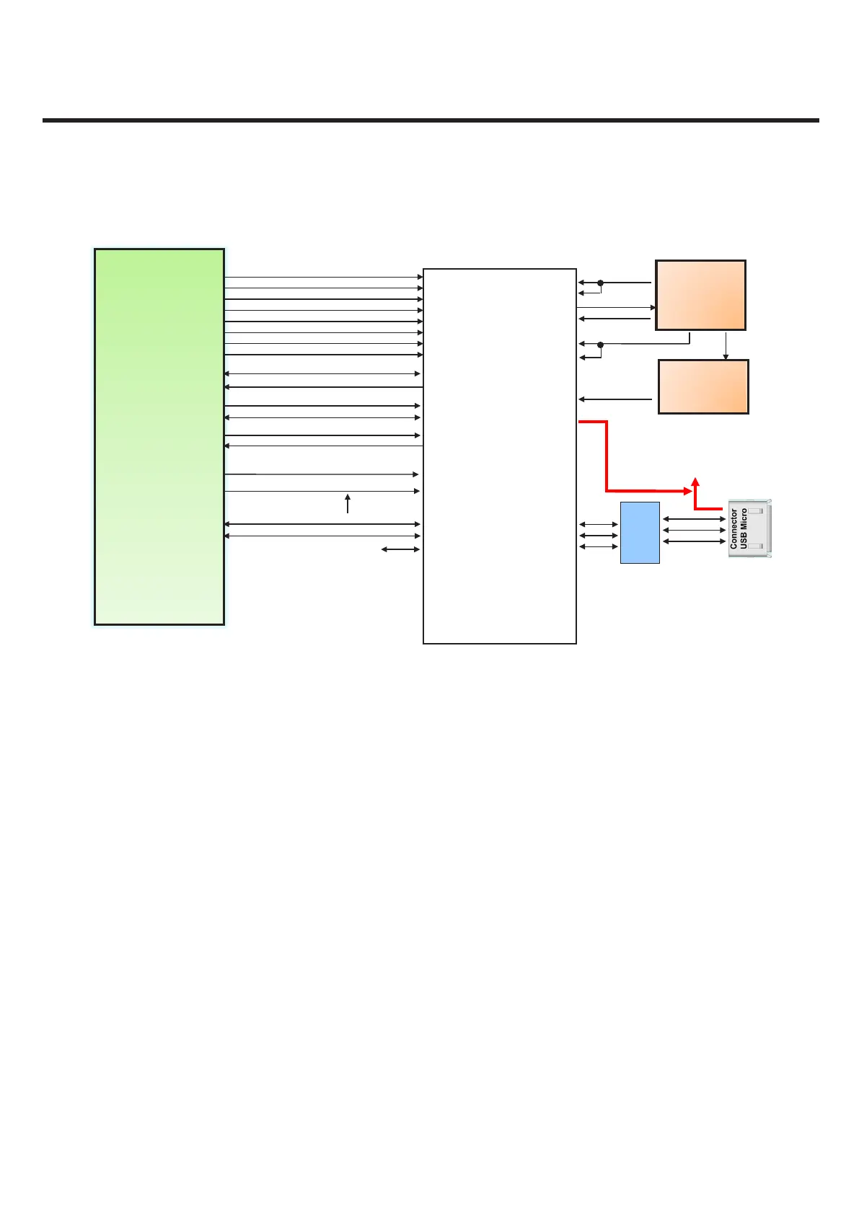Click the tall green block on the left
159,436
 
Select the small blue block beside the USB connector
640,532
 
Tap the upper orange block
700,295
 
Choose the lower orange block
703,386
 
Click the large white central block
499,456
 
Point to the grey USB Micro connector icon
749,530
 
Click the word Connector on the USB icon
734,529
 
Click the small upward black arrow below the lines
348,502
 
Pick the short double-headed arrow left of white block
400,550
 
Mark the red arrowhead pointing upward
695,481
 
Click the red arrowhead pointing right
687,491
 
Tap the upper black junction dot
600,283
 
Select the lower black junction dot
600,345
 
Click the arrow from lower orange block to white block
615,399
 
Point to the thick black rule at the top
431,120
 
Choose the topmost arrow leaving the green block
323,277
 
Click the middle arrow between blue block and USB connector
693,530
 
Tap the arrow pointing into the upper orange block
616,307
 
